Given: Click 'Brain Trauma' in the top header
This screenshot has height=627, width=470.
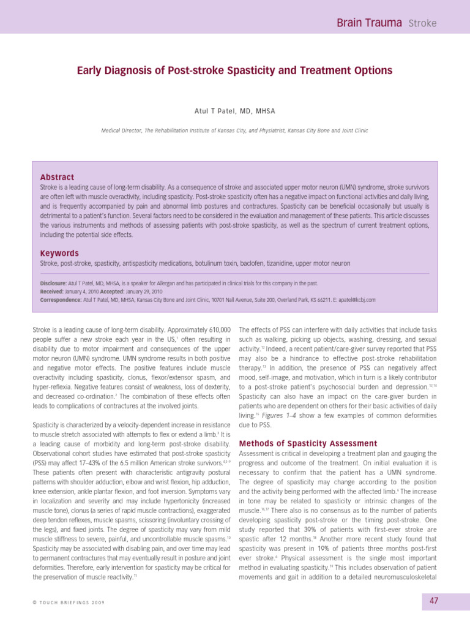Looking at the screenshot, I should (370, 23).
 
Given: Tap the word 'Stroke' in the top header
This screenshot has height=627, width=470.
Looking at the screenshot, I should (422, 24).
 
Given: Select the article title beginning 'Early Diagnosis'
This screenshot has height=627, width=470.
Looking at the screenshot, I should (234, 71).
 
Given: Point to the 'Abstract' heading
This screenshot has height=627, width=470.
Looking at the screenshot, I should (57, 177).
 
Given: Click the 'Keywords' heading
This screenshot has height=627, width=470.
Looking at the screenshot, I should (59, 253).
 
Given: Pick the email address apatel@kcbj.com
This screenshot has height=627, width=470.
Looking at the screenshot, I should (358, 300).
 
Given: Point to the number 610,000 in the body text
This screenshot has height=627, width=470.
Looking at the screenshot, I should (217, 329).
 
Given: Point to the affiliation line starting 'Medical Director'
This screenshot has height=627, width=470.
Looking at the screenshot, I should (234, 130).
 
